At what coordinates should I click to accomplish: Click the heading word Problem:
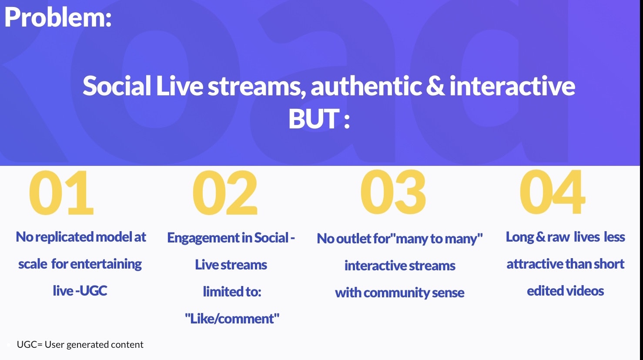[x=58, y=17]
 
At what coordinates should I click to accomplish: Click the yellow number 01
[x=61, y=192]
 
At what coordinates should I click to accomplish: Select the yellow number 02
[x=225, y=192]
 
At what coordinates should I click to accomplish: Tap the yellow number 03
[x=393, y=192]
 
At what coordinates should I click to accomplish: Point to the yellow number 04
[x=552, y=192]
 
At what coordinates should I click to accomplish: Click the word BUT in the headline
[x=314, y=119]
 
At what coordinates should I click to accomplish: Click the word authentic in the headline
[x=366, y=86]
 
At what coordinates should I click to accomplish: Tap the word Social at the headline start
[x=117, y=86]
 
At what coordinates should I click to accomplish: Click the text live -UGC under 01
[x=80, y=291]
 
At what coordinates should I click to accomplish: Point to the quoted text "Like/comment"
[x=232, y=319]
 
